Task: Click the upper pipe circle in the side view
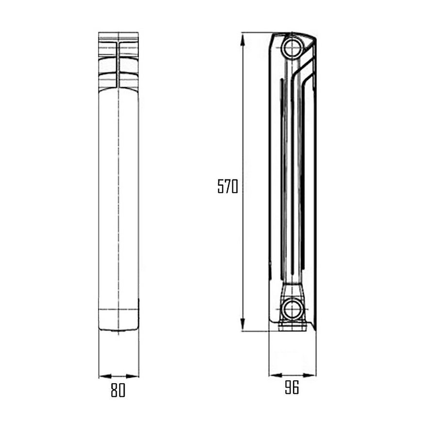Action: [x=292, y=48]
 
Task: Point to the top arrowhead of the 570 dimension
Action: [x=243, y=39]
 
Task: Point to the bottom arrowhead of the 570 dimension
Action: [x=243, y=325]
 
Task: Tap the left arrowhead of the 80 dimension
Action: [x=105, y=376]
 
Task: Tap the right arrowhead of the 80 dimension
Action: [x=132, y=376]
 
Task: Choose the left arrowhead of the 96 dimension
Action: [x=276, y=375]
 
